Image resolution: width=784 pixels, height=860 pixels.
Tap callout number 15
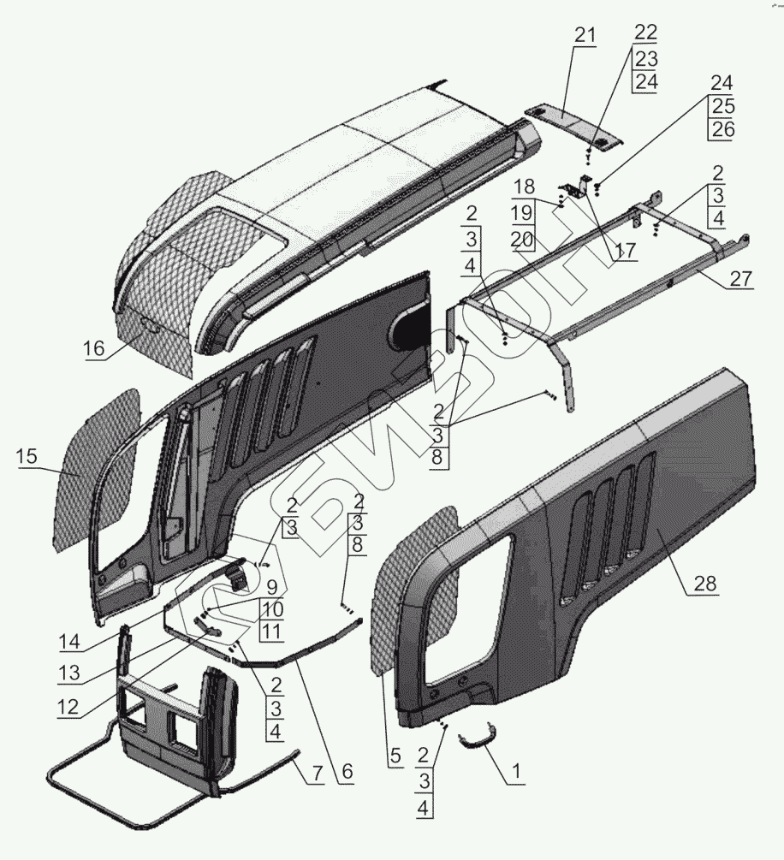(27, 456)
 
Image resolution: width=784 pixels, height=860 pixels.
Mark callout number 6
(347, 772)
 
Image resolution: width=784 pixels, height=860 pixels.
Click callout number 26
(722, 130)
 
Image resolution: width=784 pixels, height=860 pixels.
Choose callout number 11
(270, 630)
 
